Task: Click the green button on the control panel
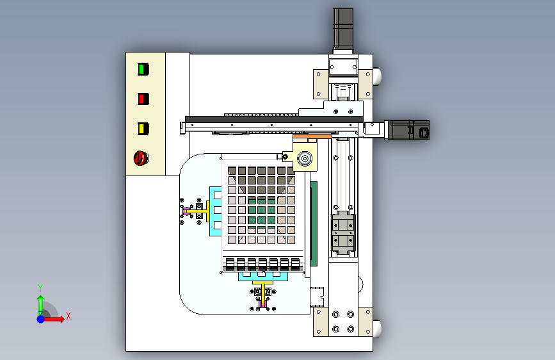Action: click(x=143, y=69)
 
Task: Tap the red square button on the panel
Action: click(x=143, y=99)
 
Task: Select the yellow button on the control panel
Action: click(x=143, y=129)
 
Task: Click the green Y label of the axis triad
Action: click(x=40, y=288)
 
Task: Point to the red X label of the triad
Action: click(x=68, y=316)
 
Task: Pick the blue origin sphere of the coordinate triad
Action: click(x=41, y=319)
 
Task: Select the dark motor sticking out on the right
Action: click(x=406, y=130)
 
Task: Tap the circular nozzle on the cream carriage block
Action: click(x=305, y=158)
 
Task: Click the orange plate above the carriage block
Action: click(x=312, y=136)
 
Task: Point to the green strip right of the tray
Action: click(x=314, y=224)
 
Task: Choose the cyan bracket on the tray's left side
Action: click(x=215, y=211)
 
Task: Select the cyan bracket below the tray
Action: click(x=263, y=275)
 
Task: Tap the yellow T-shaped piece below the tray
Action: click(x=262, y=291)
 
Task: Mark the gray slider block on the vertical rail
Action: click(x=342, y=233)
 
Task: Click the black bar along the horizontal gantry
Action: click(x=274, y=119)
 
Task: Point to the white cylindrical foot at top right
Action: click(x=377, y=76)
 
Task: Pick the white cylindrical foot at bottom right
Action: click(x=377, y=329)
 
